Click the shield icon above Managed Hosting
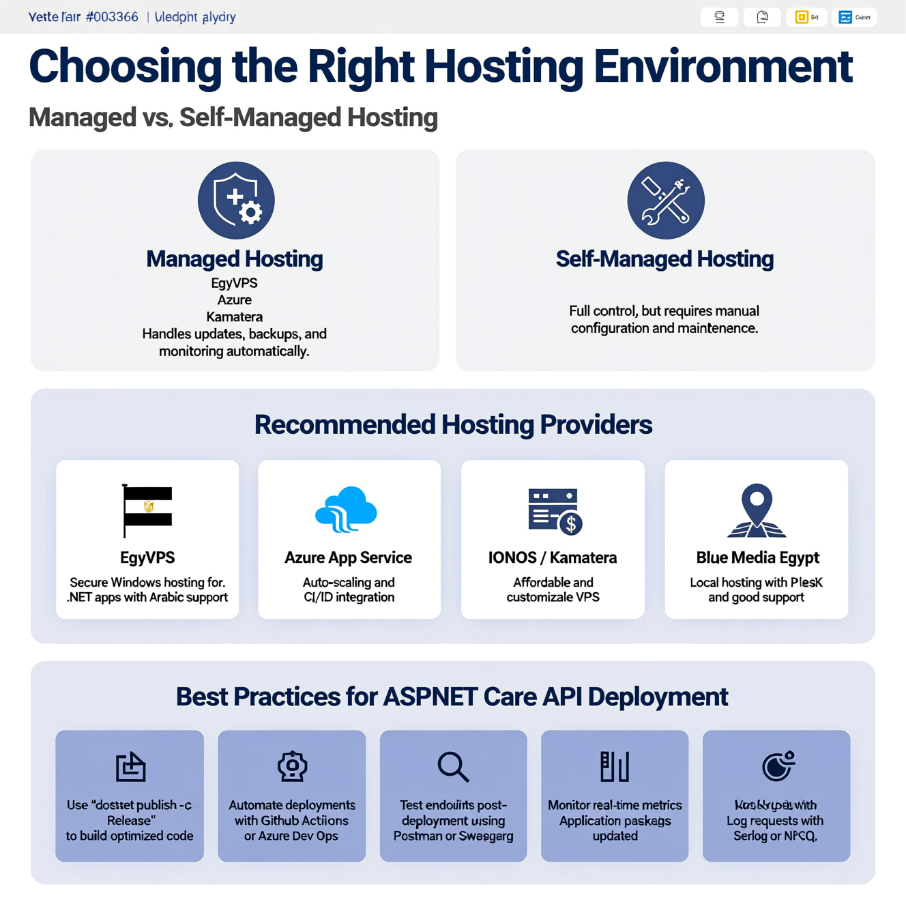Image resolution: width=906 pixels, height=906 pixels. point(236,201)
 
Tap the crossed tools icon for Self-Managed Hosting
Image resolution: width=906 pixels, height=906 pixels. point(666,201)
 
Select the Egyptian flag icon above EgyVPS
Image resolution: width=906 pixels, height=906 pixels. point(147,510)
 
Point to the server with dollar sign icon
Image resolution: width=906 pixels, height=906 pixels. point(554,511)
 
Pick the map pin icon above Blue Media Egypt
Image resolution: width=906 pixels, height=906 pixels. point(757,510)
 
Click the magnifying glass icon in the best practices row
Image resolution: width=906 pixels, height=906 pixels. point(453,767)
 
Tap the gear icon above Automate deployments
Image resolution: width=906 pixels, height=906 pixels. point(292,766)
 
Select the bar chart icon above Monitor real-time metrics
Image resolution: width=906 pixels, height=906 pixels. point(615,766)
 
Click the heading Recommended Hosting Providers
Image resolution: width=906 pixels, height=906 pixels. point(453,424)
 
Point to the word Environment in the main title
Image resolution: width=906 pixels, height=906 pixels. point(723,67)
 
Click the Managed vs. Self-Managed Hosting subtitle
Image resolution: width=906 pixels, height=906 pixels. point(233,117)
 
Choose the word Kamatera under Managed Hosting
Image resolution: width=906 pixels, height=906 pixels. point(235,317)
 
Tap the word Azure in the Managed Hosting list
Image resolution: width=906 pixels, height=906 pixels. point(235,299)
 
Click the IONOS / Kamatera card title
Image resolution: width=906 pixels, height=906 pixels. point(553,557)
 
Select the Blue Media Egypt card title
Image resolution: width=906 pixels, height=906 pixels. point(757,557)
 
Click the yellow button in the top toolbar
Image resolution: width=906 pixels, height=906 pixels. point(806,17)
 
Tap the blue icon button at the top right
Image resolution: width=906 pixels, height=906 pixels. point(853,17)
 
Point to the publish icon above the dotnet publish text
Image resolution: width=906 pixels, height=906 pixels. point(130,767)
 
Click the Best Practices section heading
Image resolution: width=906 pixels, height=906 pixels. point(452,697)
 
